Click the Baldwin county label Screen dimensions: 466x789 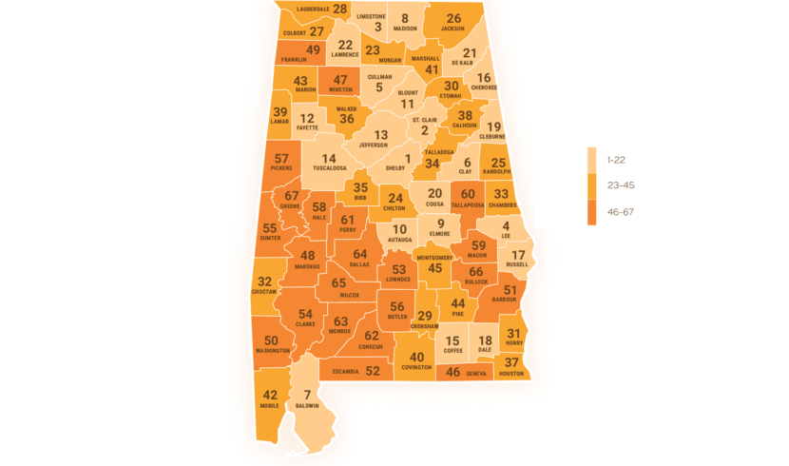pyautogui.click(x=307, y=406)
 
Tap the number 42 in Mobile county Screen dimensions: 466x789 pyautogui.click(x=270, y=396)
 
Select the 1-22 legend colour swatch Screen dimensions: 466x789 pyautogui.click(x=591, y=160)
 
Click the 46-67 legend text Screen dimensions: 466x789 pyautogui.click(x=620, y=212)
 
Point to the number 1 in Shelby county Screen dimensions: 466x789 pyautogui.click(x=408, y=159)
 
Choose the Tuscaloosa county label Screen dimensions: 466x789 pyautogui.click(x=328, y=168)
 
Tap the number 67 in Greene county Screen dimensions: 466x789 pyautogui.click(x=292, y=195)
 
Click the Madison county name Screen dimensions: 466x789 pyautogui.click(x=405, y=29)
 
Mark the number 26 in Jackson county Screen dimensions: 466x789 pyautogui.click(x=453, y=18)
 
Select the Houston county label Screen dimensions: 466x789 pyautogui.click(x=511, y=374)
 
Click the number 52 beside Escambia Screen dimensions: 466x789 pyautogui.click(x=373, y=371)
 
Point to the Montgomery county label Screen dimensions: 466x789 pyautogui.click(x=434, y=258)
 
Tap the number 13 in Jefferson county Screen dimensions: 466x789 pyautogui.click(x=381, y=135)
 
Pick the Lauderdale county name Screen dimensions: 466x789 pyautogui.click(x=313, y=9)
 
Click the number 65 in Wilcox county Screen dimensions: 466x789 pyautogui.click(x=339, y=282)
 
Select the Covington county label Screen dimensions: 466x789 pyautogui.click(x=416, y=367)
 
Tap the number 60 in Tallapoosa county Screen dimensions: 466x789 pyautogui.click(x=468, y=194)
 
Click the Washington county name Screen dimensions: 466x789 pyautogui.click(x=273, y=351)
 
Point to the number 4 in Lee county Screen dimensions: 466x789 pyautogui.click(x=506, y=226)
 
